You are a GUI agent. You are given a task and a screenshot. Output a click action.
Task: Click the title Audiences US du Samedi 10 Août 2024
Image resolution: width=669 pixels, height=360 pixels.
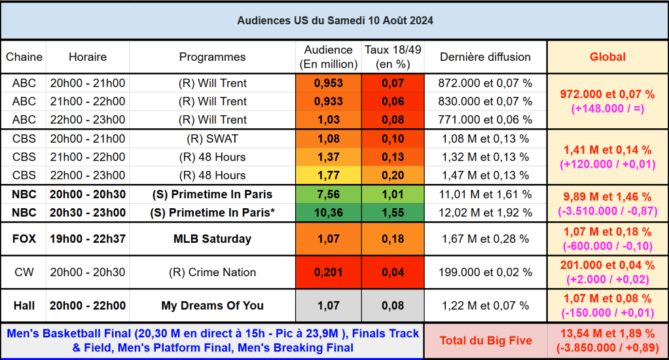pos(334,21)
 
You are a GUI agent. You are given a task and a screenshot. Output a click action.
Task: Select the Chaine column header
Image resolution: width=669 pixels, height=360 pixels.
pos(24,57)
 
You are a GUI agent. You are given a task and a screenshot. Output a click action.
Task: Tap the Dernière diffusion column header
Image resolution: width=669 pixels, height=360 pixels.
pos(485,57)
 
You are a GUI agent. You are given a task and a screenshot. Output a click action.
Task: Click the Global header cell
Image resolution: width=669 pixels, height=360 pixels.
pos(607,57)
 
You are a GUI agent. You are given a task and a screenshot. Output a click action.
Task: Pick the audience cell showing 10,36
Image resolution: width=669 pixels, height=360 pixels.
pos(328,213)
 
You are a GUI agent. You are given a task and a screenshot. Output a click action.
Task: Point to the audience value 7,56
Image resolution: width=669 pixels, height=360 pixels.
pos(328,194)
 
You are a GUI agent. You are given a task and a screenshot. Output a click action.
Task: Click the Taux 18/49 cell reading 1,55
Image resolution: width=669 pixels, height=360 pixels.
pos(393,213)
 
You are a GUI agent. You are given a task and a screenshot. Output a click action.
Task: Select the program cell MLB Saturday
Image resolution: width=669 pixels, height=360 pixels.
pos(212,239)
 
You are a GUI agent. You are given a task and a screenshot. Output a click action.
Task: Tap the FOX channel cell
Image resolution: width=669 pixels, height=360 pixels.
pos(24,239)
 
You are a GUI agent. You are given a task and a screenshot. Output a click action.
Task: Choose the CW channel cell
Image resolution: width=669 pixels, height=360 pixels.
pos(24,272)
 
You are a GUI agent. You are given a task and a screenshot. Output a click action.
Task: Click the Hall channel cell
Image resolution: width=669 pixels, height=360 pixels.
pos(24,306)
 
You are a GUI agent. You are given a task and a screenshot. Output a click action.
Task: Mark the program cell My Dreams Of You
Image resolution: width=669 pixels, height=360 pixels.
pos(212,306)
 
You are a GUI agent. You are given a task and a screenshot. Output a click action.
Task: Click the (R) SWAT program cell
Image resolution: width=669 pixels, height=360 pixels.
pos(212,139)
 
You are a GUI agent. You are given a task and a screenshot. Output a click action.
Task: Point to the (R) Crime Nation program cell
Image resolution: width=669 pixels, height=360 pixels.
pos(212,272)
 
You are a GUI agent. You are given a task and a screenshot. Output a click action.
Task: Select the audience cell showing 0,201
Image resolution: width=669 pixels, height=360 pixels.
pos(328,272)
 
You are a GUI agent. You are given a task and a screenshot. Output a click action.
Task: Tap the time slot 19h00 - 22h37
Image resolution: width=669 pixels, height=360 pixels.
pos(88,239)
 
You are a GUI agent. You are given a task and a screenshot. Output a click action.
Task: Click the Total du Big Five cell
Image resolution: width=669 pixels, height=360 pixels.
pos(485,340)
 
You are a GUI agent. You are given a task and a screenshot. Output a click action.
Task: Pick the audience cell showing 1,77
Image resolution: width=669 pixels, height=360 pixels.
pos(328,175)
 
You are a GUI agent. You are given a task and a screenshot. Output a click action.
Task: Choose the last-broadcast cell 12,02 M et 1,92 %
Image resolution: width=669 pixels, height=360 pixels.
pos(485,213)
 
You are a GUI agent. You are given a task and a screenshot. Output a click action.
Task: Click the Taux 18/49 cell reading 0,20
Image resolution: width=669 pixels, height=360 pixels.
pos(393,175)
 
